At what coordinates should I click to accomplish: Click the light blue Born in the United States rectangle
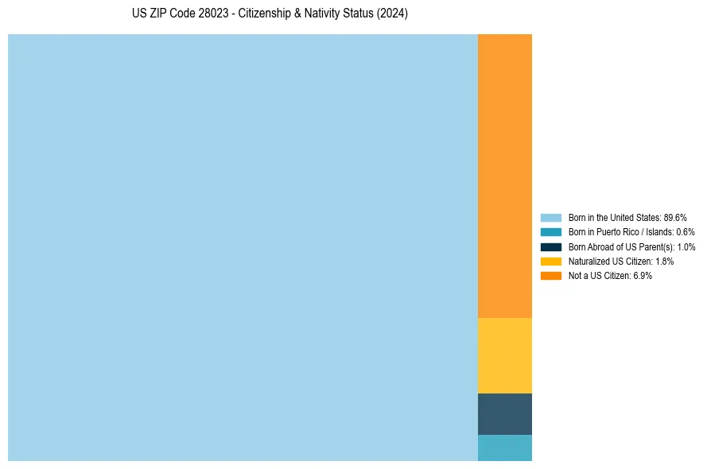243,247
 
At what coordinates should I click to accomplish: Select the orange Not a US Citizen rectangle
504,176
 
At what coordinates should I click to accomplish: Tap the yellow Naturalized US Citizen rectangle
504,355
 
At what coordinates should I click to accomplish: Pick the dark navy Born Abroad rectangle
504,414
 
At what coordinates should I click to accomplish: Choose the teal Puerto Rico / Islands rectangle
504,448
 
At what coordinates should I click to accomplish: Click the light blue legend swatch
550,217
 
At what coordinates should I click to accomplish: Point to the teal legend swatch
550,232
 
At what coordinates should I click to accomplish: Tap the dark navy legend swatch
550,246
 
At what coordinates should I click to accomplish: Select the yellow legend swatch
550,261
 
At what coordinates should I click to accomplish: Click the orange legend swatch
550,275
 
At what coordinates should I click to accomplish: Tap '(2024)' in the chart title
392,14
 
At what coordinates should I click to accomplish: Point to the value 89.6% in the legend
675,217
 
